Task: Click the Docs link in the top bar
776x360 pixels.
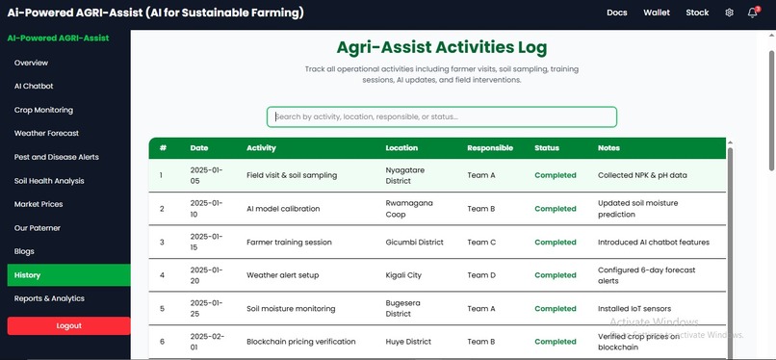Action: (x=617, y=13)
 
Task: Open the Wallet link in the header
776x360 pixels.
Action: (x=657, y=13)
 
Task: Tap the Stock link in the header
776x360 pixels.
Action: (x=697, y=13)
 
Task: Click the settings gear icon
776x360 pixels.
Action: (x=729, y=13)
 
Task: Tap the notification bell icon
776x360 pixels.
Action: (x=752, y=13)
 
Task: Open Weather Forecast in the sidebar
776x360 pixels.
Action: (x=46, y=133)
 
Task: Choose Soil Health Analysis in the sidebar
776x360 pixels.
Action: (x=49, y=180)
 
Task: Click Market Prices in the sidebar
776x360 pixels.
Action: (x=39, y=204)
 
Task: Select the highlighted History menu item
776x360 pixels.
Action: (x=65, y=275)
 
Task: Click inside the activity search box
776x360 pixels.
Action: (x=442, y=116)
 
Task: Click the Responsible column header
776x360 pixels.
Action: (x=490, y=148)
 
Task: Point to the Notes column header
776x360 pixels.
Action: (x=608, y=148)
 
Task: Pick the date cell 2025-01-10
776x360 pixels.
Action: (x=206, y=209)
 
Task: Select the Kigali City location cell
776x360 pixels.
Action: (x=403, y=275)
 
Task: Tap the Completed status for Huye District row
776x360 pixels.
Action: (x=556, y=342)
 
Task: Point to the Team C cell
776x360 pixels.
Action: (x=481, y=242)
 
